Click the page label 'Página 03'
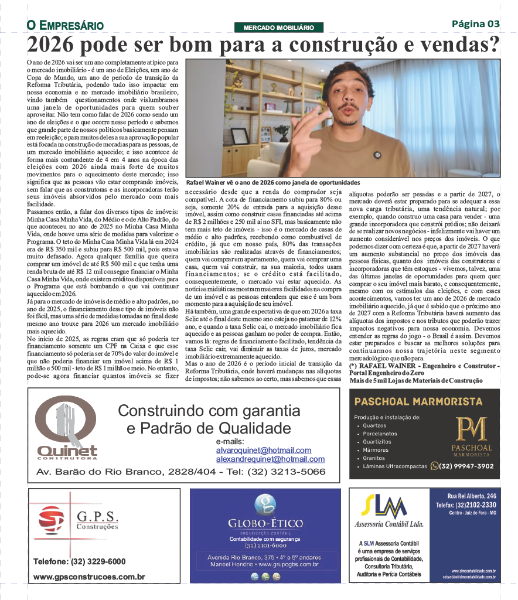[476, 24]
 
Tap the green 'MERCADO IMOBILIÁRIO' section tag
[279, 28]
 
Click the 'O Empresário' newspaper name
[65, 26]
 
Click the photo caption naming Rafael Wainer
[273, 182]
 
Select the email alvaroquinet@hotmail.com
[263, 450]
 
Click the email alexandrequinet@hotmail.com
[270, 459]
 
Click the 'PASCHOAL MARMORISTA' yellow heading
[418, 401]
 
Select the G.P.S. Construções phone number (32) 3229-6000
[80, 561]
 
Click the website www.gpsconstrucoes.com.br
[89, 577]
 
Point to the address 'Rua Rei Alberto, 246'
[472, 496]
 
